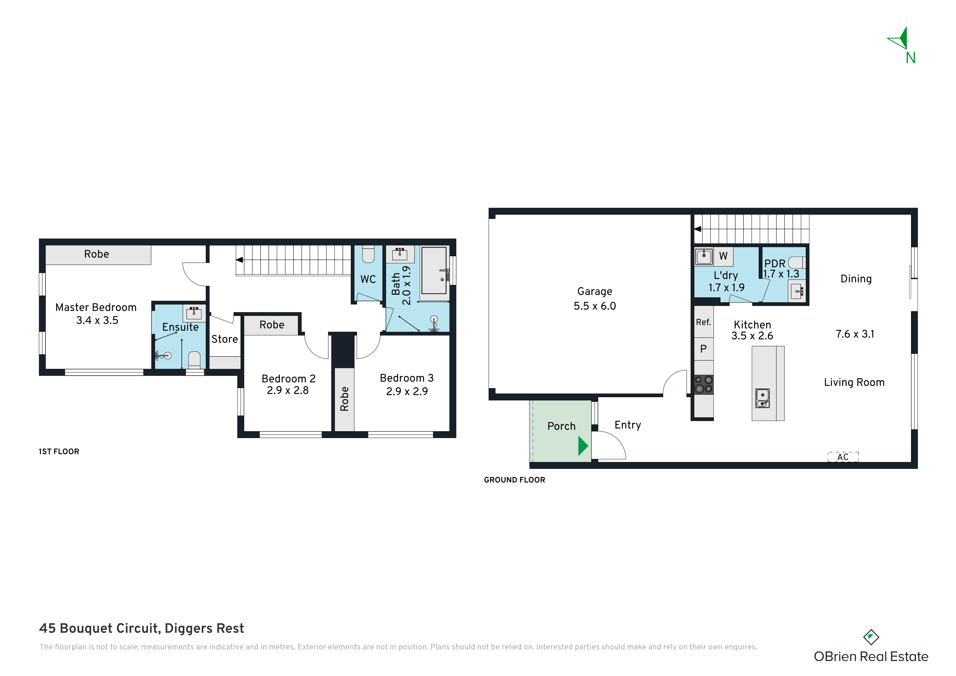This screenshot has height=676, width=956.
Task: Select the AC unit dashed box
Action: point(843,457)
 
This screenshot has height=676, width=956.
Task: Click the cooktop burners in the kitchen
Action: point(704,384)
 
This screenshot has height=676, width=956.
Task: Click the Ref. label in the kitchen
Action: point(703,322)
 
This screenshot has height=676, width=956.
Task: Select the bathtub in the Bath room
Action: point(434,271)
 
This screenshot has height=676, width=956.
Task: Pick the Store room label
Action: point(225,339)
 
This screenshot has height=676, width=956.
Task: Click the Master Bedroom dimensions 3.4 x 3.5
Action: point(97,320)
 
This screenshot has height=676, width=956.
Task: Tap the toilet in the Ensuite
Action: point(195,360)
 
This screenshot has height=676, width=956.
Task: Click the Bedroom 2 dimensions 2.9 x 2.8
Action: point(288,390)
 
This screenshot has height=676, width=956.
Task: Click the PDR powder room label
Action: point(775,264)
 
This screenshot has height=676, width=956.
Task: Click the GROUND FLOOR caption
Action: point(514,480)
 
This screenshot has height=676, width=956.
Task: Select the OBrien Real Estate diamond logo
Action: point(871,637)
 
